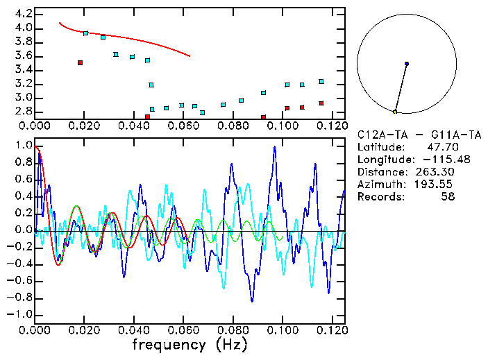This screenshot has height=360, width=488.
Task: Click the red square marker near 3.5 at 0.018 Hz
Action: (x=81, y=62)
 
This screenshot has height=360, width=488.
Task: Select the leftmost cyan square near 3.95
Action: (x=85, y=33)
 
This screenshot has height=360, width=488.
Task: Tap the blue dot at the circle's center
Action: (x=407, y=64)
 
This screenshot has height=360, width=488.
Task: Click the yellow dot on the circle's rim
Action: (x=395, y=112)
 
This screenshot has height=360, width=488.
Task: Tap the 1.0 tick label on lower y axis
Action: (x=24, y=146)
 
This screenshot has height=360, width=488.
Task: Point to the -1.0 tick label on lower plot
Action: (x=21, y=314)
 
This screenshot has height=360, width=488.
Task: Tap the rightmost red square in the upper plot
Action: (x=321, y=103)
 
